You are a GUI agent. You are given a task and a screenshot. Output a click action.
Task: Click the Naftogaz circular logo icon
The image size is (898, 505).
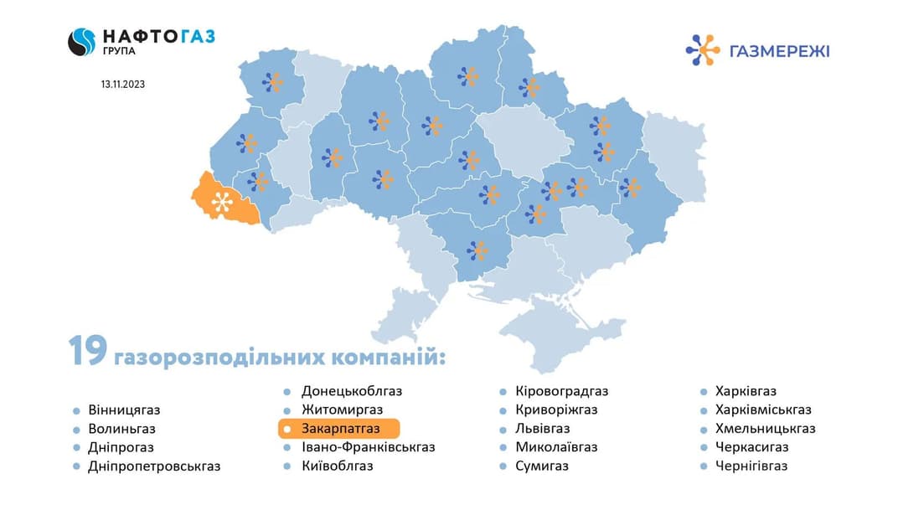click(x=82, y=41)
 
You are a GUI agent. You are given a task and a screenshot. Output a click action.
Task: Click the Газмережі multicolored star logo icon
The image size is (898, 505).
click(x=702, y=50)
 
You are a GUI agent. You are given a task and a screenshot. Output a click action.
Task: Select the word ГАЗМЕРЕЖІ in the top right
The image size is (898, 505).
click(x=780, y=51)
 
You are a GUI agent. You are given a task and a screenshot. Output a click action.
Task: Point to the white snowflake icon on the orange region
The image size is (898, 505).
click(x=222, y=202)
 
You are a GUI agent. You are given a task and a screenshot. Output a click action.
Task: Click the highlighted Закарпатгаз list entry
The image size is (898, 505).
click(x=340, y=428)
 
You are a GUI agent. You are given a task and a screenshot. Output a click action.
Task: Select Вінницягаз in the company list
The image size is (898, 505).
click(x=123, y=410)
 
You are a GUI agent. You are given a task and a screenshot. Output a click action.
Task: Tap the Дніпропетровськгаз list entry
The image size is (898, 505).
click(x=154, y=466)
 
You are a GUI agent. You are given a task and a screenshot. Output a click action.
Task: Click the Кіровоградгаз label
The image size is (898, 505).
click(x=561, y=391)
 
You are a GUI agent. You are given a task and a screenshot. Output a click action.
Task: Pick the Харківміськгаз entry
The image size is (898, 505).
click(x=763, y=410)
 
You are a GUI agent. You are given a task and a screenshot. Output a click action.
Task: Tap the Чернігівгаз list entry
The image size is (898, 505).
click(x=751, y=466)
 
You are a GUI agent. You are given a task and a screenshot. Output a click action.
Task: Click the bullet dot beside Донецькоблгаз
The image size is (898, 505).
click(x=286, y=391)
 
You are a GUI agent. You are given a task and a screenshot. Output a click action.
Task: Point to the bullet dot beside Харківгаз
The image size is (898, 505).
click(x=705, y=391)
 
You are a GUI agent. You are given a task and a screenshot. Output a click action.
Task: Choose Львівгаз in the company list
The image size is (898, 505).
click(x=543, y=428)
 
